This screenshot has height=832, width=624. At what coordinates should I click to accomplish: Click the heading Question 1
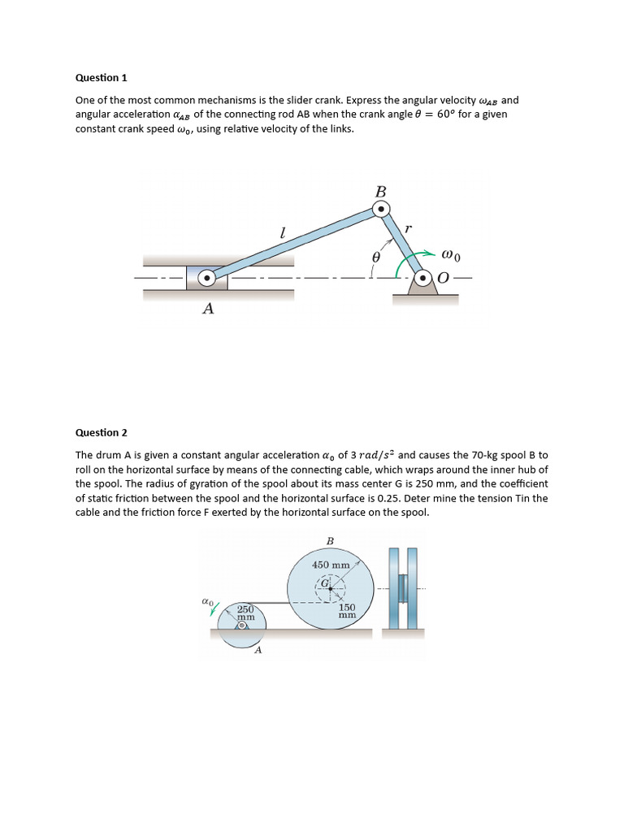[x=102, y=78]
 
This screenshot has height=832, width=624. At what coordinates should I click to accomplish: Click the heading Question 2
[x=102, y=433]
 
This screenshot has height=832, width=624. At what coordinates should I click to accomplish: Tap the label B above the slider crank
[x=380, y=192]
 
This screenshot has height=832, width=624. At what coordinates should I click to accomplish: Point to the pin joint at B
[x=380, y=210]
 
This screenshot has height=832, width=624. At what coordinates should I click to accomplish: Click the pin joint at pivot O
[x=421, y=278]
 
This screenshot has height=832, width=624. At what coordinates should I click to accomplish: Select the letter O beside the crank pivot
[x=443, y=278]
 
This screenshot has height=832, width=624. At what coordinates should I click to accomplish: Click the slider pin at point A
[x=207, y=278]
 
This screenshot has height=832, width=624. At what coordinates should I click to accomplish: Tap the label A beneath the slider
[x=208, y=309]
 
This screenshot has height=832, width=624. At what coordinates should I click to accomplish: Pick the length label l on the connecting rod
[x=282, y=233]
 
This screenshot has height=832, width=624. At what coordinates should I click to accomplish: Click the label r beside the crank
[x=408, y=229]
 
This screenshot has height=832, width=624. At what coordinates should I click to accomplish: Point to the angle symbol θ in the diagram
[x=375, y=257]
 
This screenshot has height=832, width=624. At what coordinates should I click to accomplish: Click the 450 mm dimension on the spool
[x=331, y=565]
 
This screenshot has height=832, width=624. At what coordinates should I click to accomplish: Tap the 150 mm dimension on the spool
[x=347, y=611]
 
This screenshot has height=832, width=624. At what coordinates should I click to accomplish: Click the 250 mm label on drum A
[x=245, y=613]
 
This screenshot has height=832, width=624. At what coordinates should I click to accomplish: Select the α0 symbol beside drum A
[x=207, y=602]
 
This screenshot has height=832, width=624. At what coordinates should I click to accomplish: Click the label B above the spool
[x=330, y=540]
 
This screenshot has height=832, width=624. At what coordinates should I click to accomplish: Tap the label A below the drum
[x=258, y=650]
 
